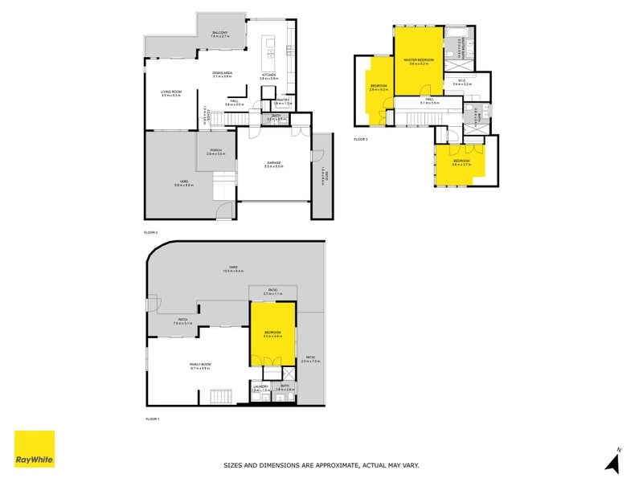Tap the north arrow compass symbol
[613, 460]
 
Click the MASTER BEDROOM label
[419, 60]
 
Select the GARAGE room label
[274, 162]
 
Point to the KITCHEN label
[269, 75]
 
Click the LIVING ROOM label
[171, 92]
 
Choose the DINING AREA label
[223, 73]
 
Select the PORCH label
[215, 150]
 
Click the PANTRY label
[282, 100]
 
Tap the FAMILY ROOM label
[199, 365]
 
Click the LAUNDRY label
[260, 386]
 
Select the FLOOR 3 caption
[360, 140]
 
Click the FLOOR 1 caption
[152, 419]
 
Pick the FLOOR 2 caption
[150, 232]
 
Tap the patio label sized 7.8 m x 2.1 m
[182, 321]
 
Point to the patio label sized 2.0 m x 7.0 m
[309, 357]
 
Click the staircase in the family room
[219, 396]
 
